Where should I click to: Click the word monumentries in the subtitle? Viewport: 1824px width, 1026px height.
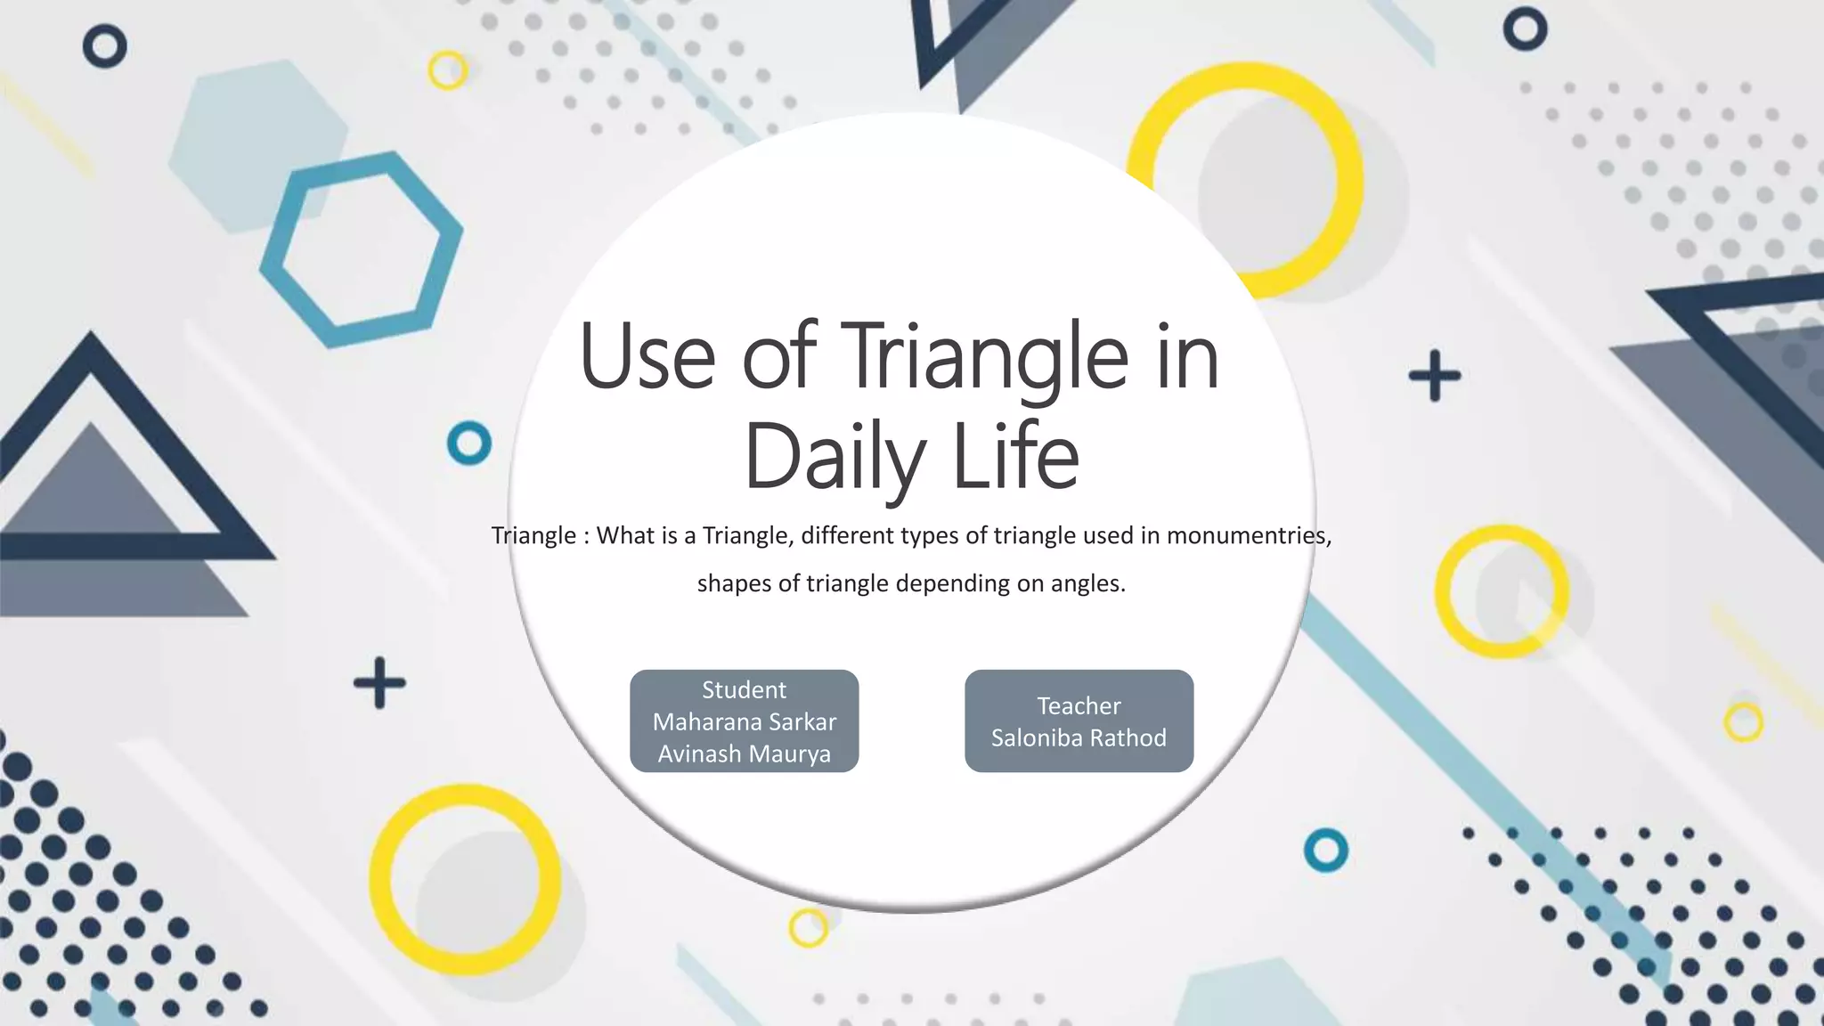coord(1247,535)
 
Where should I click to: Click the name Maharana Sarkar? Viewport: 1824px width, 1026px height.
coord(744,721)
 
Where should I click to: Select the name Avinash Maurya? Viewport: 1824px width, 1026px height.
coord(744,753)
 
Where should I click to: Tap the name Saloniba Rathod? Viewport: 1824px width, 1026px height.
coord(1079,737)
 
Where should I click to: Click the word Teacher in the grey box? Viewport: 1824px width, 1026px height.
coord(1079,705)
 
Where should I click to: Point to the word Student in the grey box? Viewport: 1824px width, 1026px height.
coord(744,689)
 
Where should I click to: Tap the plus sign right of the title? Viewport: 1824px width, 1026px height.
coord(1434,375)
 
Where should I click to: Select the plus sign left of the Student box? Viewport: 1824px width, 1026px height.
coord(379,683)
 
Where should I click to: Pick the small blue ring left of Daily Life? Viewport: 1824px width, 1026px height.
coord(469,443)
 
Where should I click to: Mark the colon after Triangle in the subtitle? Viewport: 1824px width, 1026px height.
coord(586,536)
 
